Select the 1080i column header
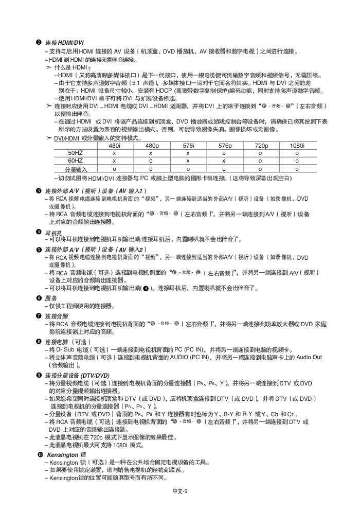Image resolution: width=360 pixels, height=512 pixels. tap(297, 146)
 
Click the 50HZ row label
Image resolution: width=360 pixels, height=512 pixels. tap(76, 153)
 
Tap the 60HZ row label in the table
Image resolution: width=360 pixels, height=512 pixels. tap(76, 161)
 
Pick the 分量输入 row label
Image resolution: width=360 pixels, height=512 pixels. tap(76, 168)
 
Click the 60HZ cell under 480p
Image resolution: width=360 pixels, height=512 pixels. tap(151, 161)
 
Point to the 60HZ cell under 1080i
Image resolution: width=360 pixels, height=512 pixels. tap(297, 161)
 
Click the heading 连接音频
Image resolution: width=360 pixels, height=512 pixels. tap(56, 316)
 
